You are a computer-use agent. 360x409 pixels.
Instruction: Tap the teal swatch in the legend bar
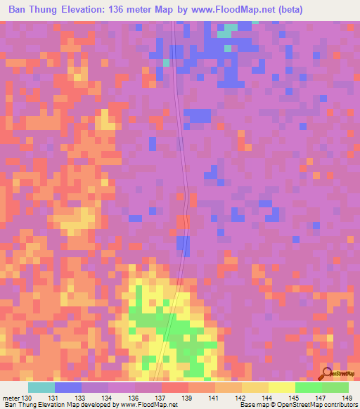click(41, 388)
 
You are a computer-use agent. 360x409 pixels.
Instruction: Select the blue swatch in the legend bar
click(67, 388)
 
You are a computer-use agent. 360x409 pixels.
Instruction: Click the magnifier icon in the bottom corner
click(326, 374)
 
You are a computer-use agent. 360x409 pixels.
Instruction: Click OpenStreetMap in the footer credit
click(294, 404)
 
